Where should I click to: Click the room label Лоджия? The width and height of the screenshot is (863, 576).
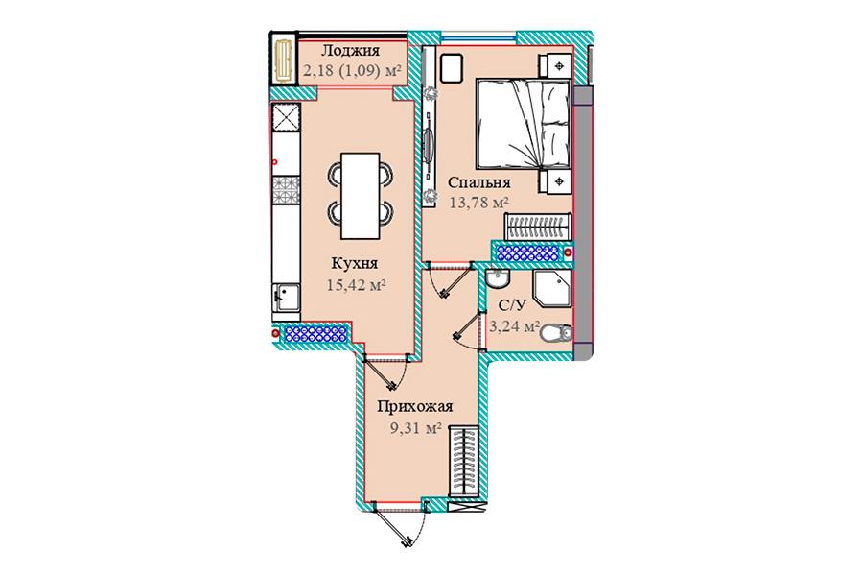(350, 51)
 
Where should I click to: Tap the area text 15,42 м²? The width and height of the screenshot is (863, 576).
(357, 285)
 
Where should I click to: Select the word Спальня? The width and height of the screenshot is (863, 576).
(478, 182)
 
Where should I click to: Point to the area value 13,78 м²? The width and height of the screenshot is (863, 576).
(478, 203)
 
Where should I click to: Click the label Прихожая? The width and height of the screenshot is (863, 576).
(415, 407)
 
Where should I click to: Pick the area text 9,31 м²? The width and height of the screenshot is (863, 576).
(417, 428)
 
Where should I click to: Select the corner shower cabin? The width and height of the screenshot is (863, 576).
(552, 288)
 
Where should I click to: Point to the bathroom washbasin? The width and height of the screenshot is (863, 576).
(499, 279)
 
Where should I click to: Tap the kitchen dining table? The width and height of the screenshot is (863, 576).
(360, 196)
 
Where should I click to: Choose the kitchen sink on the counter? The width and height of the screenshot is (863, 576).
(286, 298)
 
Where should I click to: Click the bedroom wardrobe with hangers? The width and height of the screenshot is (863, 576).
(538, 228)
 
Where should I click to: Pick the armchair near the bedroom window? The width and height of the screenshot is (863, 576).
(453, 68)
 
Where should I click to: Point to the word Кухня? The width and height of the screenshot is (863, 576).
(355, 263)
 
